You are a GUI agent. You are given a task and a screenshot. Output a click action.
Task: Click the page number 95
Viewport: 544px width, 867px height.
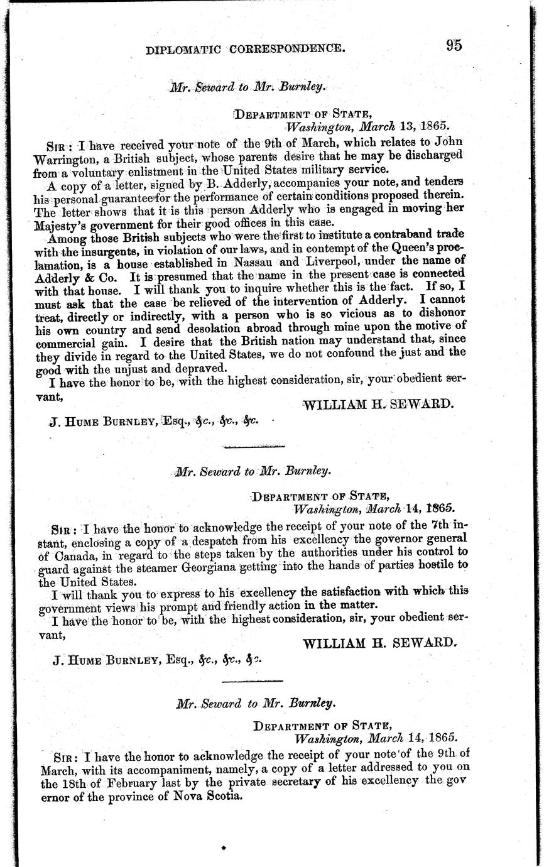(x=454, y=45)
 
